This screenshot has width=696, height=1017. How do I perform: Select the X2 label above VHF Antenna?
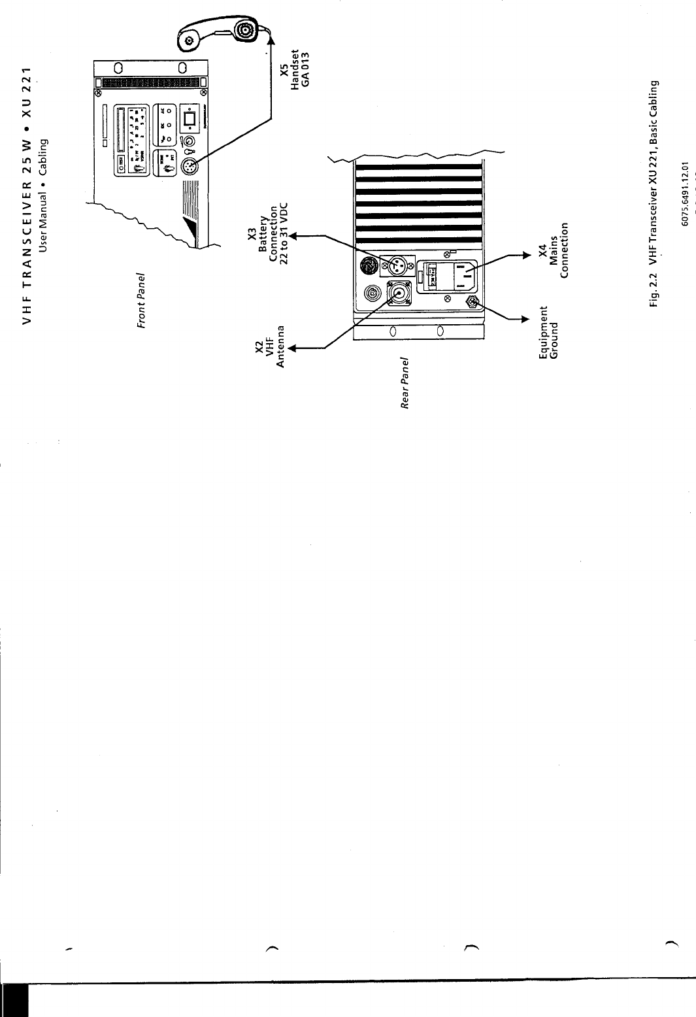pyautogui.click(x=259, y=346)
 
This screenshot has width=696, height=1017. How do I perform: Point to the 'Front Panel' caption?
pyautogui.click(x=140, y=300)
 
